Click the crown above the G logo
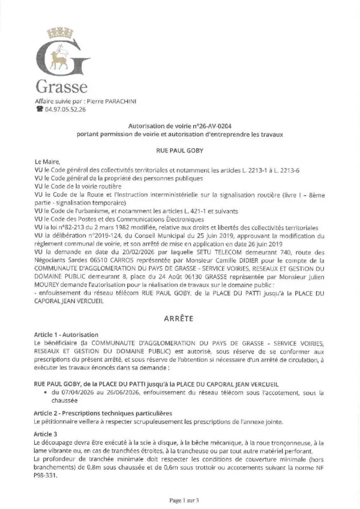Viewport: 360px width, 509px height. click(x=60, y=29)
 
